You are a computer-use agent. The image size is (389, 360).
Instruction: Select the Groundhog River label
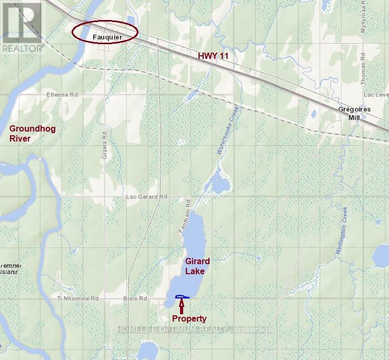(x=32, y=133)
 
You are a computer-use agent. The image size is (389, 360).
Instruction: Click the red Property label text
(x=189, y=318)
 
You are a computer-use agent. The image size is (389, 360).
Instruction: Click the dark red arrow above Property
(x=182, y=306)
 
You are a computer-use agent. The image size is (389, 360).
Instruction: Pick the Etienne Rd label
(x=62, y=95)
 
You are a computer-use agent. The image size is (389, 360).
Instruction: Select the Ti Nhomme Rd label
(x=78, y=298)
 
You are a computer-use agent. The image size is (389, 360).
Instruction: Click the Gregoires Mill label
(x=354, y=113)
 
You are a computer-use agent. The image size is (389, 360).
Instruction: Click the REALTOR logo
(x=22, y=26)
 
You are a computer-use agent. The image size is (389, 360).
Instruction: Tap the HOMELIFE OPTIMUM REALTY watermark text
(x=194, y=329)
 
